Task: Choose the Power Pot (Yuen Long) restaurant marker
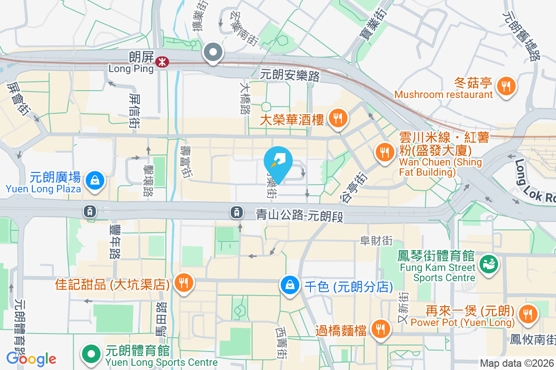(x=527, y=314)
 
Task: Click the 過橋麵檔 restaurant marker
(x=381, y=329)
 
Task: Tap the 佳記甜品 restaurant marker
(x=184, y=283)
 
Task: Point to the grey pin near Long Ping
(x=214, y=52)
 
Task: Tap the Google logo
(x=31, y=359)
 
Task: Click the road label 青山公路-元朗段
(x=300, y=215)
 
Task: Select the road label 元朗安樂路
(x=290, y=74)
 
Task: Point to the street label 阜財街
(x=376, y=240)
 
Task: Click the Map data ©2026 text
(x=516, y=364)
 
